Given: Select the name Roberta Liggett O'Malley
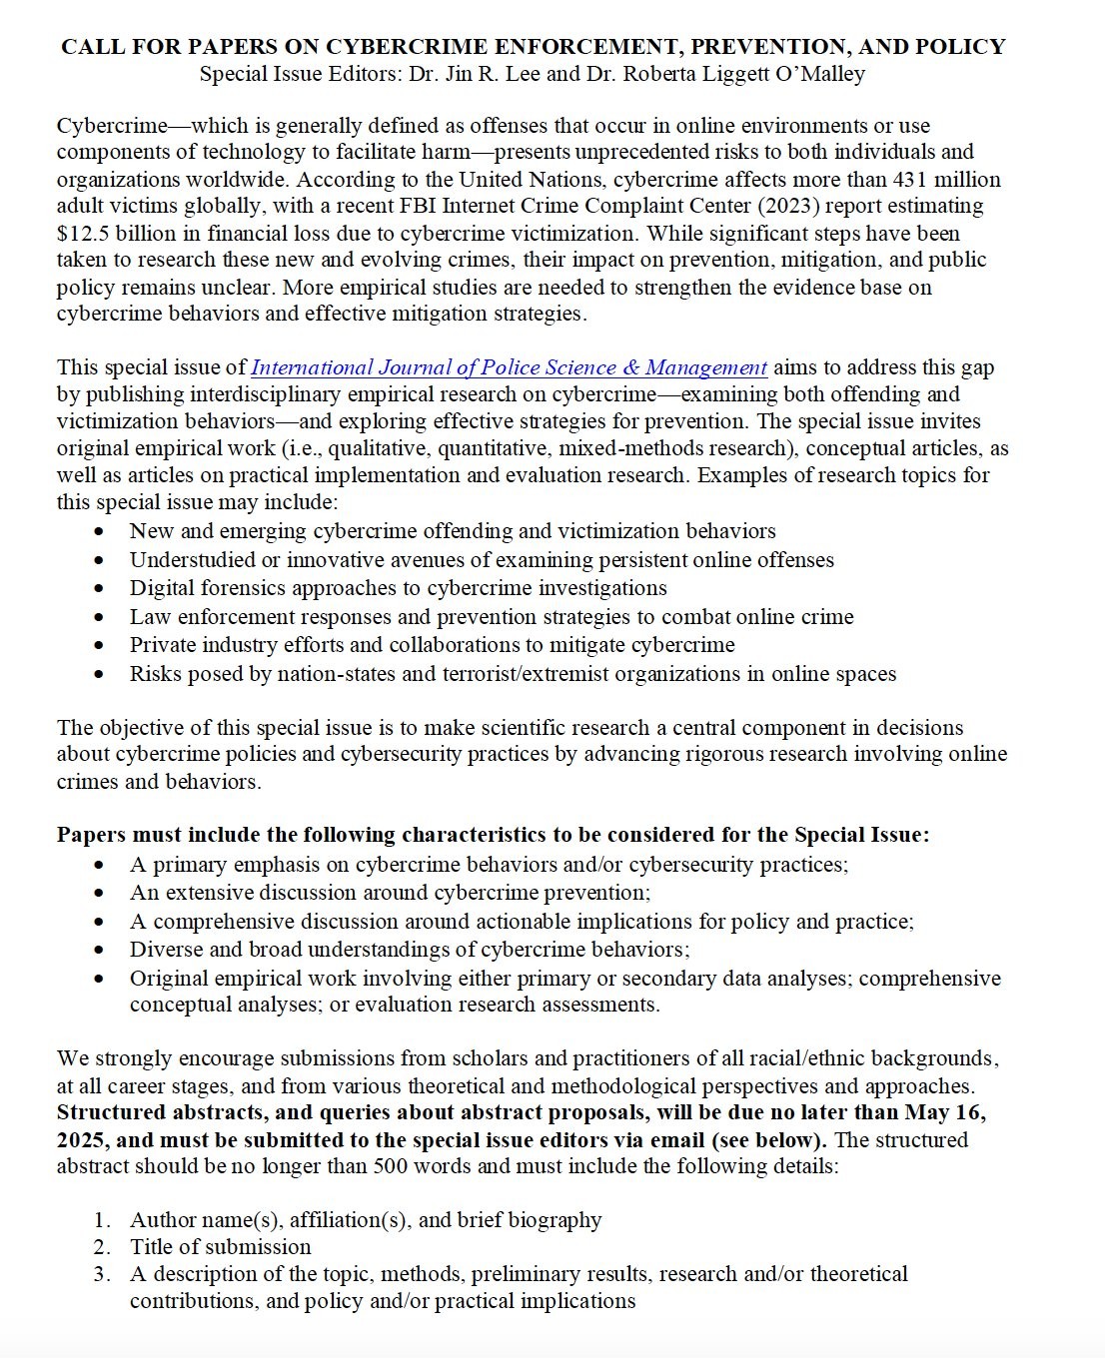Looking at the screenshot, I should (743, 73).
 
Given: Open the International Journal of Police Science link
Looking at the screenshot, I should (509, 367).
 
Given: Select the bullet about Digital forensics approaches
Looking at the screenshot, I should (398, 588).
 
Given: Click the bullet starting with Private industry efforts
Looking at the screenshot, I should (432, 645).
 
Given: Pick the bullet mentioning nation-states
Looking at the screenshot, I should (513, 674).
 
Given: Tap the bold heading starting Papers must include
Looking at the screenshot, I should (493, 835).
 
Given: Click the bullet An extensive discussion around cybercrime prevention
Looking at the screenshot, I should (390, 893).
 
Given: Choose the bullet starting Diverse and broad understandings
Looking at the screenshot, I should (410, 950).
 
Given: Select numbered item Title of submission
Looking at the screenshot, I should (220, 1247).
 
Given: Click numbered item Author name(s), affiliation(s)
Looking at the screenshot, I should (366, 1220).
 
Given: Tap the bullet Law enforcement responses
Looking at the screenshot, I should (492, 617).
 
